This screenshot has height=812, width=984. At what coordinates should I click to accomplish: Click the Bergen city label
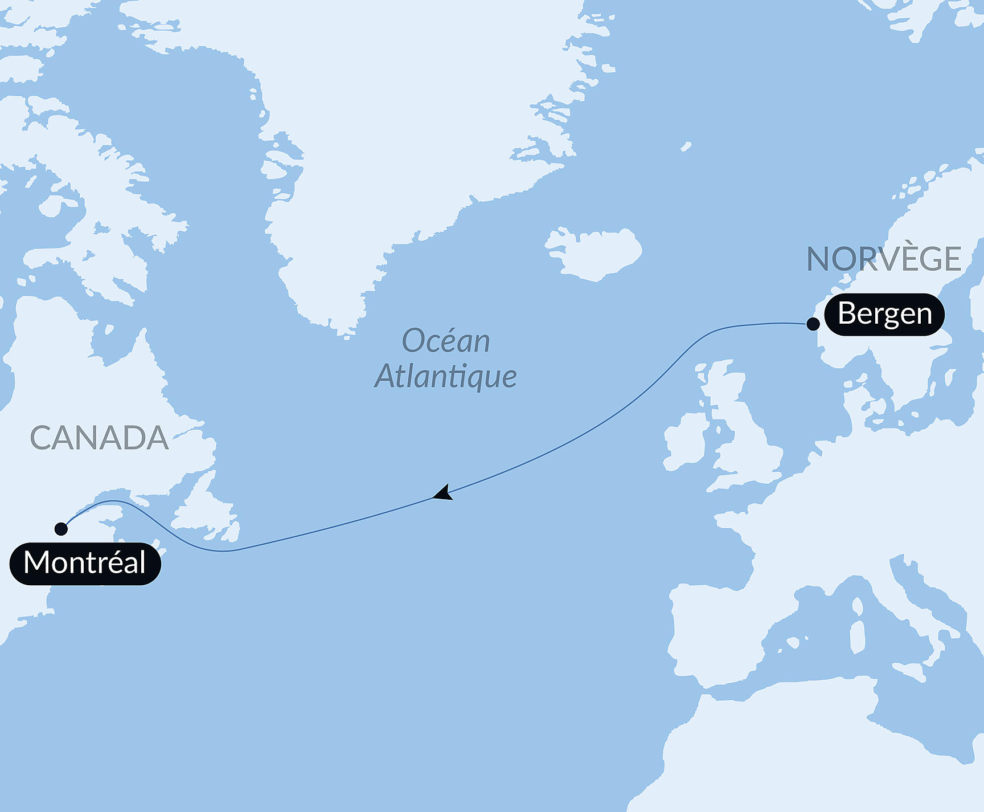click(884, 314)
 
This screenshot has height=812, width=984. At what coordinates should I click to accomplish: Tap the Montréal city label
click(85, 563)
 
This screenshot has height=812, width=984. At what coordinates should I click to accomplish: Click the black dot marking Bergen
click(813, 324)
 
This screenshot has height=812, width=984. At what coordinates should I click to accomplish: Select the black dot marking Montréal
click(61, 529)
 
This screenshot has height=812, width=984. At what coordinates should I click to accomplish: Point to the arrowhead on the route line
click(443, 493)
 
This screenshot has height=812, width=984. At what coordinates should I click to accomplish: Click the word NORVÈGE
click(884, 259)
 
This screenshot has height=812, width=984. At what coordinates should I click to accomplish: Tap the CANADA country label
click(99, 438)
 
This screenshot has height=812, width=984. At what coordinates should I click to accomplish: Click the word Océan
click(446, 341)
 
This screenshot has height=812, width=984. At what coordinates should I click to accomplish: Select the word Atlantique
click(446, 377)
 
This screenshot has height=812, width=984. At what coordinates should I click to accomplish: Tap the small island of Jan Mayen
click(686, 146)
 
